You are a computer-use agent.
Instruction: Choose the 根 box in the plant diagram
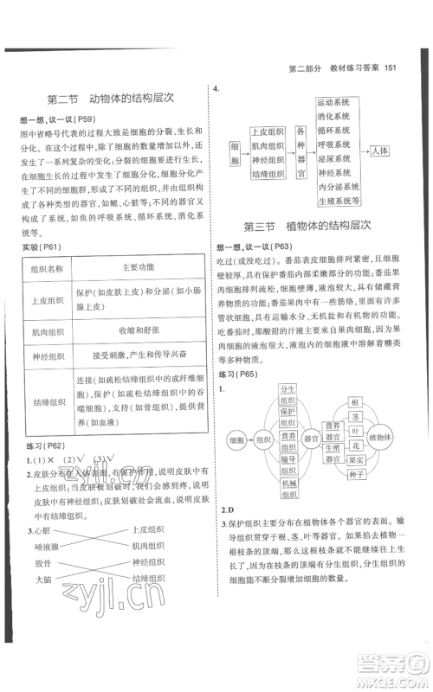(x=355, y=403)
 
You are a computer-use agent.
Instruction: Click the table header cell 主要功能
(x=140, y=267)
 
